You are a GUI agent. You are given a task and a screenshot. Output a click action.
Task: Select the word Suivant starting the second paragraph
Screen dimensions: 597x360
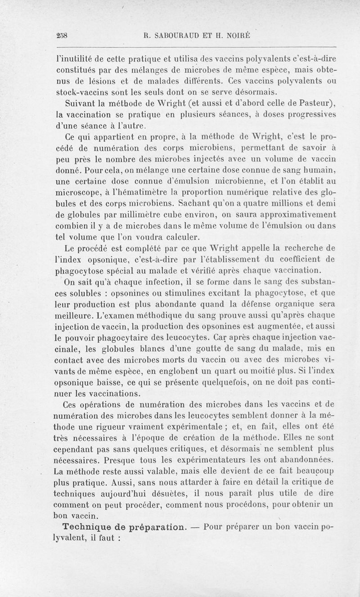coord(81,100)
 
